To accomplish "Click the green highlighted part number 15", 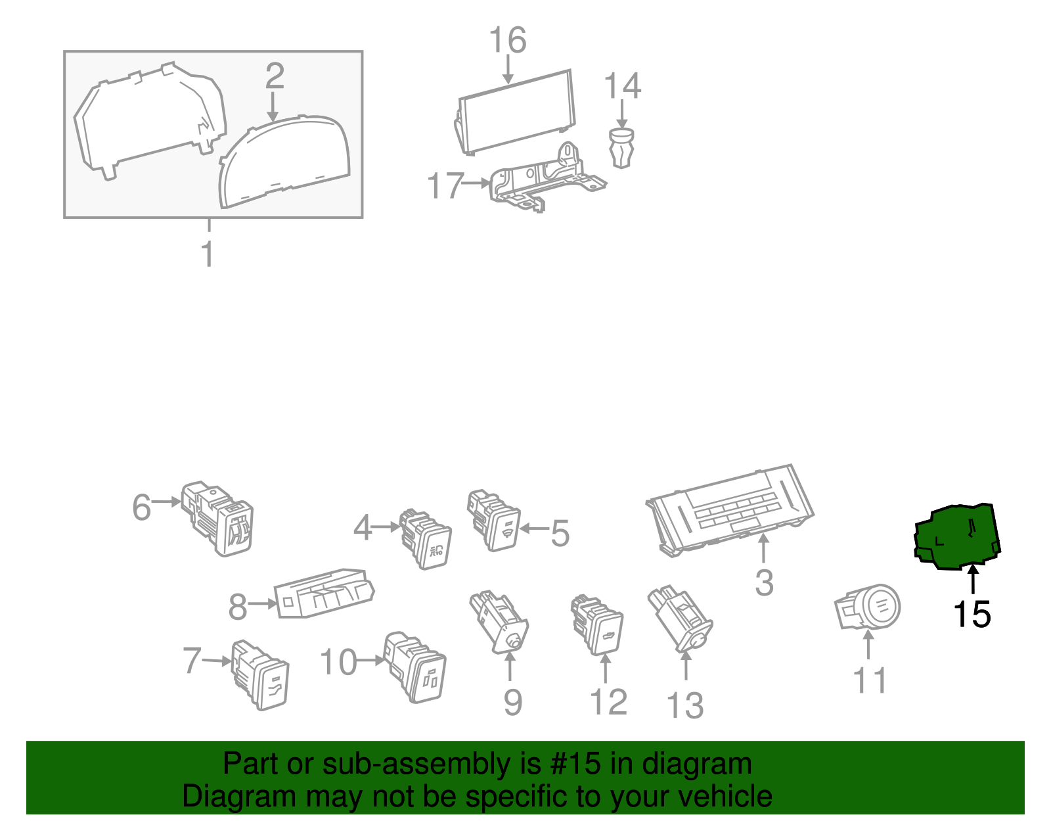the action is pos(956,537).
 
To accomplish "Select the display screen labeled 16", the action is pos(515,112).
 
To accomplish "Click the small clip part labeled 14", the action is pos(621,148).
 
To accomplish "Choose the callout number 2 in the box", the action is pos(275,76).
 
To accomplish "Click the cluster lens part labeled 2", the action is pos(284,162).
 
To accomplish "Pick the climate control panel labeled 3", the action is pos(729,510).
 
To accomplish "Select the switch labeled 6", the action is pos(217,518).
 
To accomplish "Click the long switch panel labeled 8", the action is pos(324,594).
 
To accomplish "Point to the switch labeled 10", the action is pos(414,667).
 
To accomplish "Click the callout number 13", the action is pos(684,705).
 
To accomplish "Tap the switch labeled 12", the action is pos(597,624).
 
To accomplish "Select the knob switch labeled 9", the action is pos(499,622).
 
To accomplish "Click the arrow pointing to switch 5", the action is pos(535,528).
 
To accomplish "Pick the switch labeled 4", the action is pos(425,538).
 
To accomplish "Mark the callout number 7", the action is pos(192,661).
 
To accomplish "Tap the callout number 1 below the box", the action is pos(208,254).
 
